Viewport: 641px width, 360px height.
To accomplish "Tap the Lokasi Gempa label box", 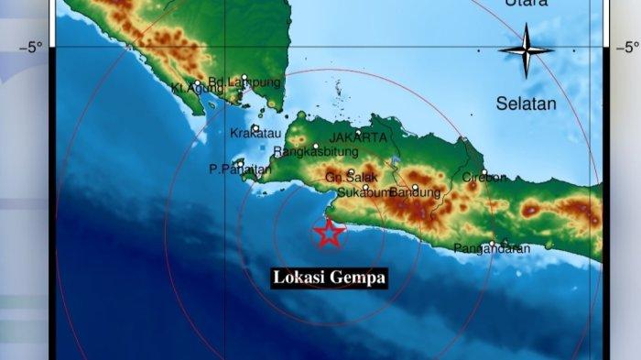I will (329, 277).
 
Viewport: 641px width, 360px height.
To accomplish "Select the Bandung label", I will (418, 192).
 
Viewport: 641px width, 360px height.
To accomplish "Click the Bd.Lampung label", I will (244, 82).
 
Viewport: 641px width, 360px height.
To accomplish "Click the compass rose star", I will (526, 50).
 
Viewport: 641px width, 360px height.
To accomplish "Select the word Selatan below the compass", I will (526, 104).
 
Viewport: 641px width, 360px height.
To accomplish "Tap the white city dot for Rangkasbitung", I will (315, 146).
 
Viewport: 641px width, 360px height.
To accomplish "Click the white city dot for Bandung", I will (415, 188).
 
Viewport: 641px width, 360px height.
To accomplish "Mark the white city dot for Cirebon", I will (483, 171).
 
